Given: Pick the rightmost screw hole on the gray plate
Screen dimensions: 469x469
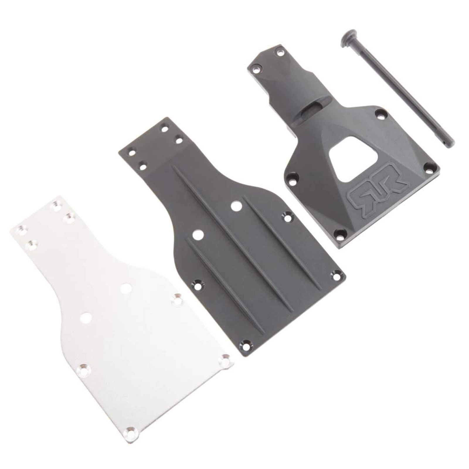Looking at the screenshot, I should coord(334,274).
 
